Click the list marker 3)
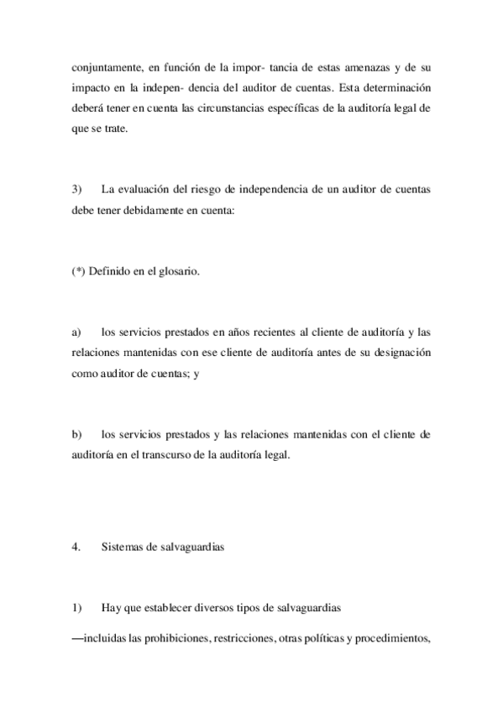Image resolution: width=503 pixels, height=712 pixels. pyautogui.click(x=77, y=189)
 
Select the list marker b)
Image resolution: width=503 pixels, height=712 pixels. pyautogui.click(x=77, y=435)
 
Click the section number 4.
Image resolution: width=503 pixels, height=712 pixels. pyautogui.click(x=76, y=546)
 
